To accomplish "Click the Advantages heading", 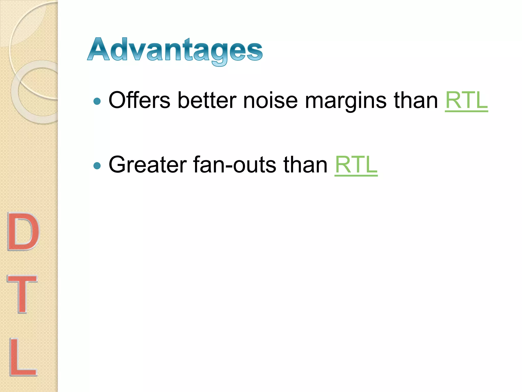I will pos(175,50).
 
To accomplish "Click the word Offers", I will pos(139,100).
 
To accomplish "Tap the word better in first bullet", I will pos(207,100).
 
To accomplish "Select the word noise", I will pos(270,100).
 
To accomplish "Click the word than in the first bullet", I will pos(416,100).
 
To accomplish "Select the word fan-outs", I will pos(234,165).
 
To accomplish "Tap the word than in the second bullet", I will pos(305,165).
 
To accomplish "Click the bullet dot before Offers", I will pos(97,102).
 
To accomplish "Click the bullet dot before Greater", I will pos(97,166).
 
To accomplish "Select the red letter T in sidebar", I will pos(22,294).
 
